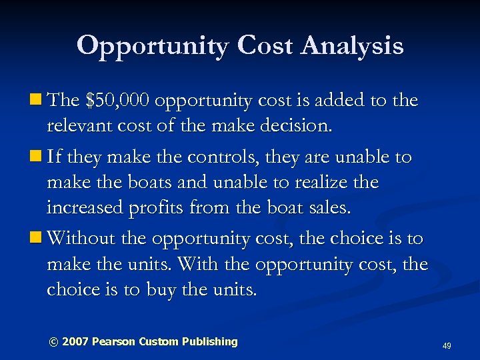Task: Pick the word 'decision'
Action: pos(294,127)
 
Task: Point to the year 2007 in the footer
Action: pos(75,342)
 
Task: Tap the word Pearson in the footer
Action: pos(113,342)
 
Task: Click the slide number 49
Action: pos(447,346)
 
